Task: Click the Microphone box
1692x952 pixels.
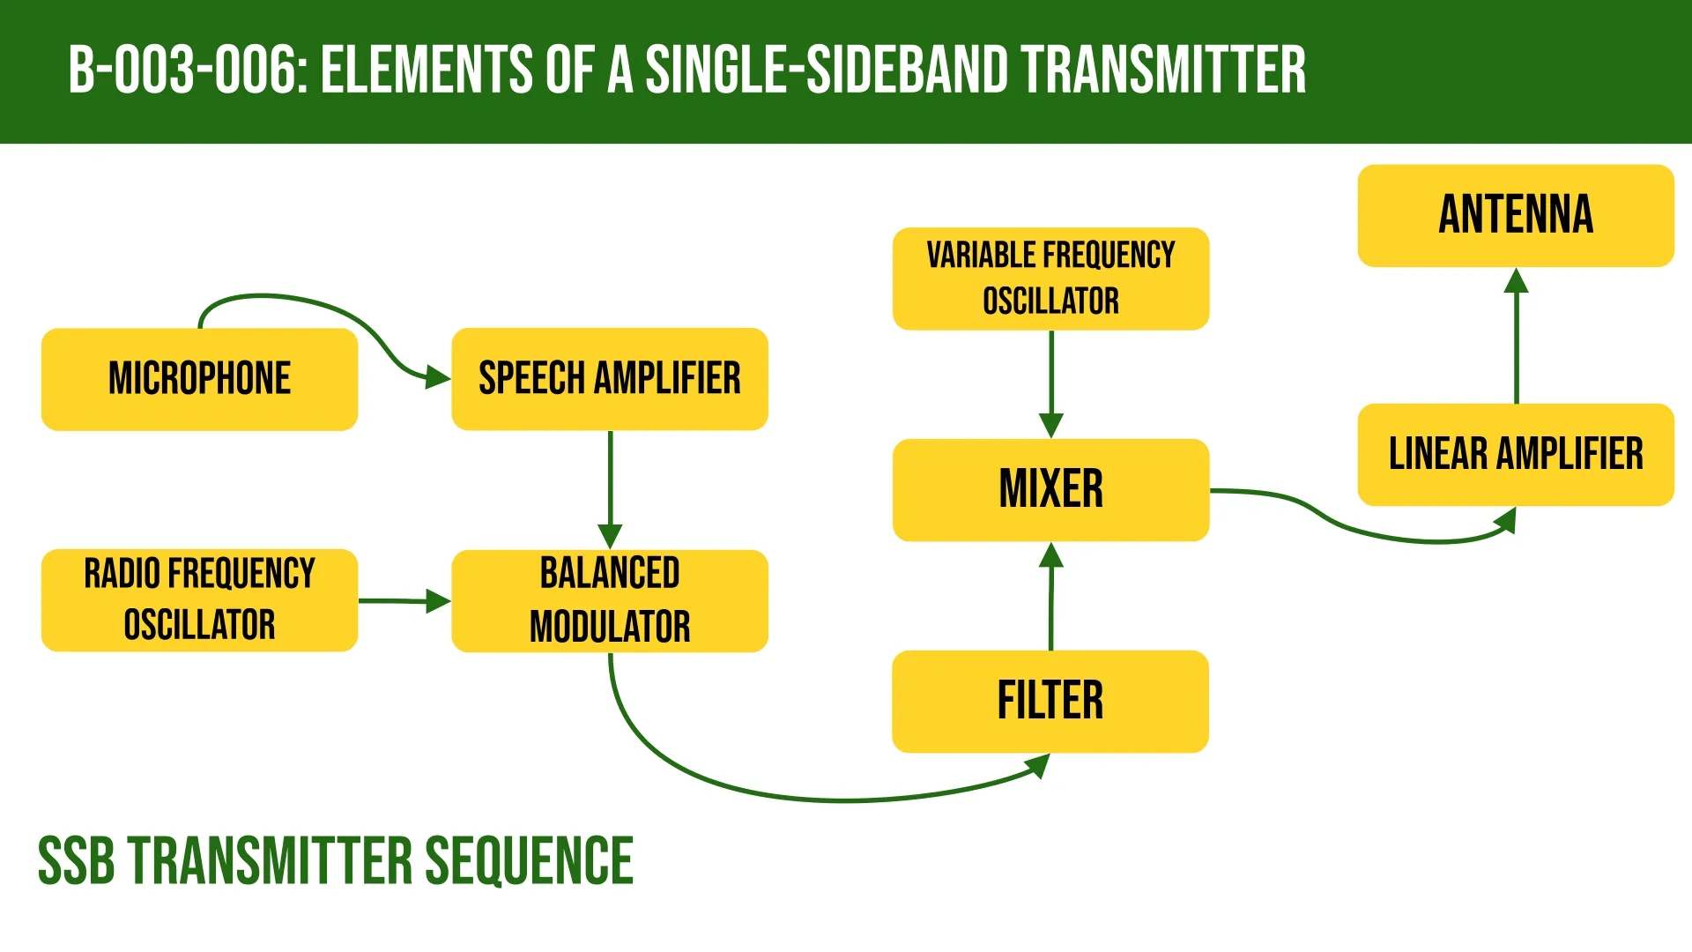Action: coord(199,379)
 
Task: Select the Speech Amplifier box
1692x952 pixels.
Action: coord(609,379)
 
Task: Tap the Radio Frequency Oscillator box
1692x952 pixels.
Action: coord(199,599)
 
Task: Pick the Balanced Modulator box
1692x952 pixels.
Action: coord(609,599)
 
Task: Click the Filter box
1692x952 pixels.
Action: coord(1050,701)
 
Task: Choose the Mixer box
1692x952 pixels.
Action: coord(1050,489)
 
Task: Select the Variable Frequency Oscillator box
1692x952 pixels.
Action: coord(1050,279)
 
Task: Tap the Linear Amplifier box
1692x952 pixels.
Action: coord(1515,454)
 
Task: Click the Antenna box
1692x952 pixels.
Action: coord(1515,215)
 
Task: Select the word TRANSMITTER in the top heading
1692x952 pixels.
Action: coord(1163,71)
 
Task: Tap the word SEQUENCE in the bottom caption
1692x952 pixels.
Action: coord(529,861)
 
